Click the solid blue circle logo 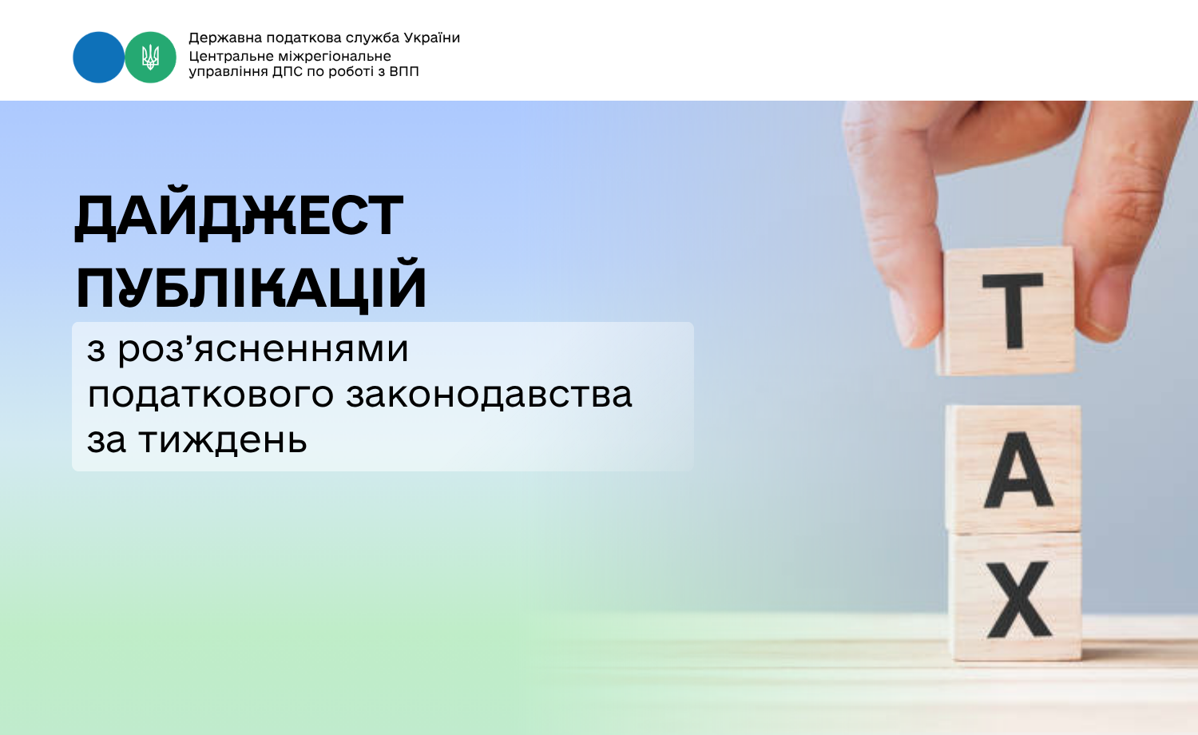coord(98,58)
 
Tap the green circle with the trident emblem coord(150,58)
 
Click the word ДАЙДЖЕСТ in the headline coord(239,216)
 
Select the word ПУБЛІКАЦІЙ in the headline coord(251,285)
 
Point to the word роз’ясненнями coord(263,349)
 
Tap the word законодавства coord(489,394)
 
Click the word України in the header coord(431,38)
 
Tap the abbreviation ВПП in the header coord(404,71)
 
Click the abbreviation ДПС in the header coord(287,72)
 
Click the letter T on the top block coord(1013,310)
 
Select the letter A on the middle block coord(1018,470)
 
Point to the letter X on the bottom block coord(1019,599)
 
